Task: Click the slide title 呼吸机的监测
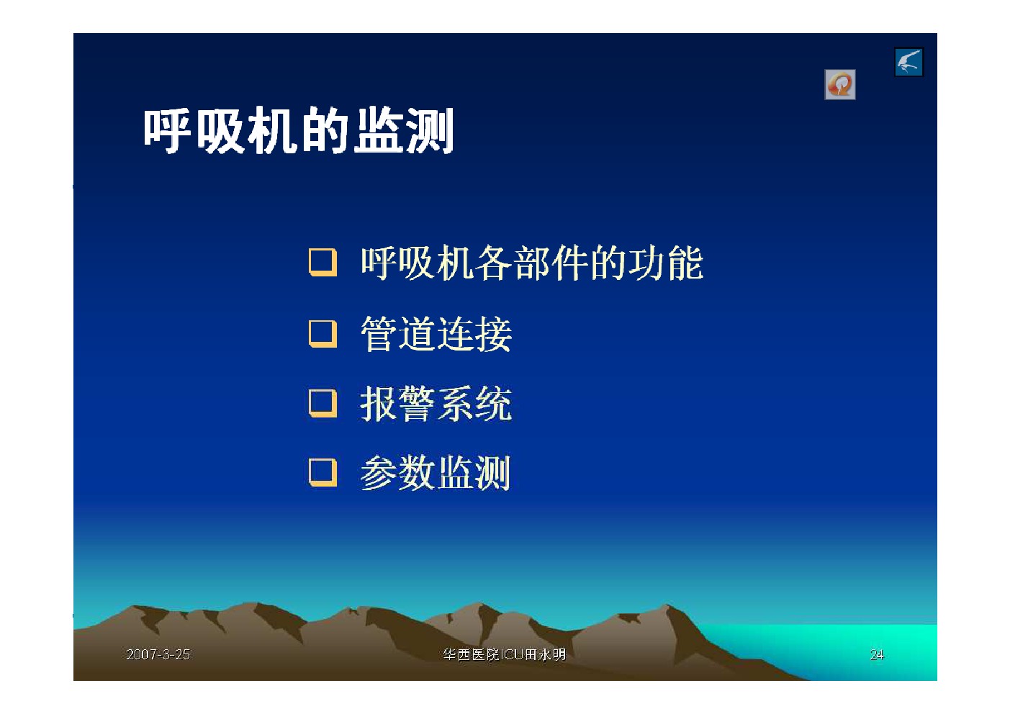click(x=299, y=131)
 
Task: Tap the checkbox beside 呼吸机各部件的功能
click(x=323, y=262)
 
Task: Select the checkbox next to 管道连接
click(x=323, y=334)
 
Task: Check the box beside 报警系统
click(x=323, y=404)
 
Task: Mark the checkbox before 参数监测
click(x=323, y=473)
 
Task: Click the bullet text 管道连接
click(x=436, y=334)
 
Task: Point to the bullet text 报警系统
click(x=436, y=404)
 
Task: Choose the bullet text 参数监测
click(x=436, y=473)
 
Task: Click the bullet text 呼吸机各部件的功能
click(x=532, y=263)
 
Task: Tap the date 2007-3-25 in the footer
click(x=158, y=654)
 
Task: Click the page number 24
click(x=877, y=654)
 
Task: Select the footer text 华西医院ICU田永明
click(x=504, y=654)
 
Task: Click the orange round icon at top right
click(x=840, y=84)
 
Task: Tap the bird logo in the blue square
click(x=909, y=62)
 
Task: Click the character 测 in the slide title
click(x=429, y=131)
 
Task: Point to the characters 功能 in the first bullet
click(x=666, y=263)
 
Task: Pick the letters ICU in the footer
click(x=513, y=654)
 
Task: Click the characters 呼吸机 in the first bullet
click(x=417, y=263)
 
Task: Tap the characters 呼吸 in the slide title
click(x=194, y=131)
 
